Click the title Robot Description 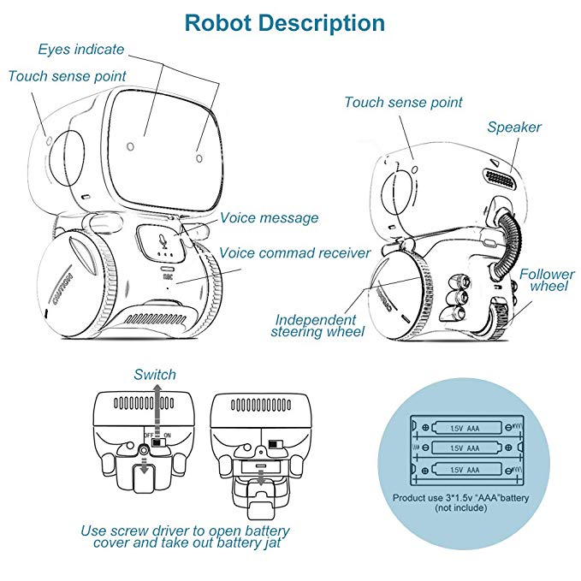click(285, 22)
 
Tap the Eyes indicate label click(81, 50)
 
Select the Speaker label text click(514, 127)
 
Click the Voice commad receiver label click(295, 253)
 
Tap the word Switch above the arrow click(155, 375)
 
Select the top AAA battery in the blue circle click(465, 425)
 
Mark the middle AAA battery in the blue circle click(465, 447)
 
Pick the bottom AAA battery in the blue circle click(465, 468)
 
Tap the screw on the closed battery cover click(143, 449)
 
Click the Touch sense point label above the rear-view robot click(403, 103)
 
